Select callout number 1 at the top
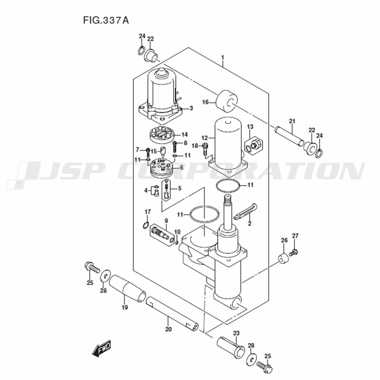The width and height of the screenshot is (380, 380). [x=223, y=57]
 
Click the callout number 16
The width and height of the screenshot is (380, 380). [x=206, y=102]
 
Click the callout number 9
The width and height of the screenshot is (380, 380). [x=166, y=221]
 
